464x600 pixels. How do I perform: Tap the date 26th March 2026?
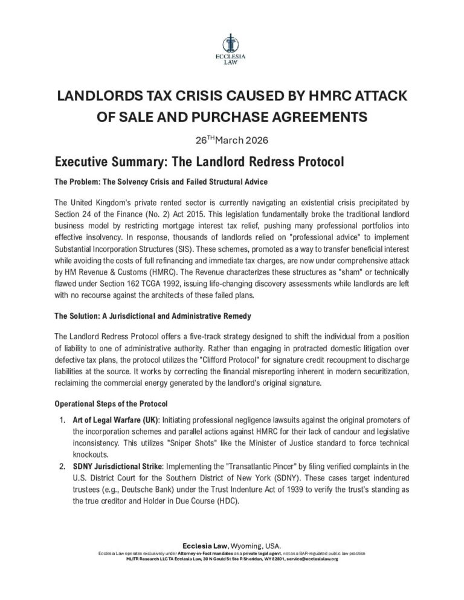point(231,140)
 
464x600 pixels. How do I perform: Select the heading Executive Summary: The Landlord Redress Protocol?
point(200,162)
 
